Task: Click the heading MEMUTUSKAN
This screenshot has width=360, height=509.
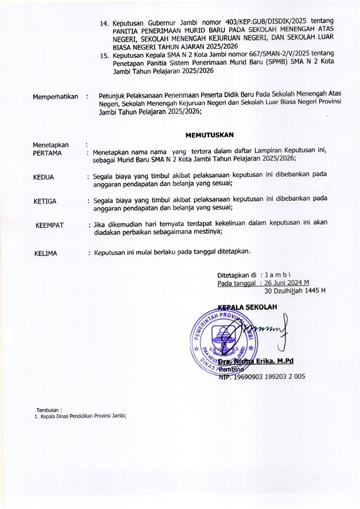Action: coord(210,135)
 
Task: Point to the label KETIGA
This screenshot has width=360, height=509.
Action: coord(45,201)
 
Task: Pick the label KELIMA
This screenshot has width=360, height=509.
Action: coord(45,253)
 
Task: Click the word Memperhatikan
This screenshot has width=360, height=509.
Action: coord(55,97)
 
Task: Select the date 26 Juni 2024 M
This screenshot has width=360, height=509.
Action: coord(284,283)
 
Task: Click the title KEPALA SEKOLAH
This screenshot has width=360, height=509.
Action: coord(247,307)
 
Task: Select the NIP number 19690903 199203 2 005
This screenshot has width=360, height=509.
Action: coord(263,377)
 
